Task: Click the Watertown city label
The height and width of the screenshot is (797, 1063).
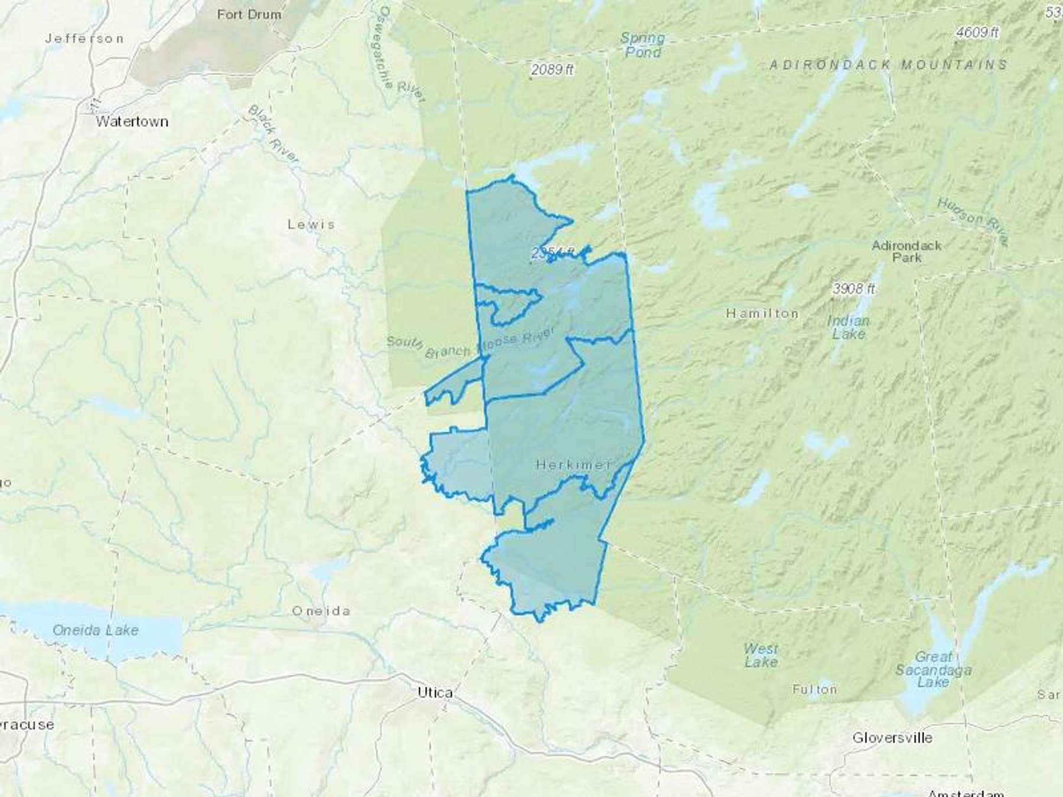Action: [x=132, y=122]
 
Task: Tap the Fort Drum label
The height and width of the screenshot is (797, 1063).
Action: [x=249, y=14]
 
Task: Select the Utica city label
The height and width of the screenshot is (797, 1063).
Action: [x=435, y=693]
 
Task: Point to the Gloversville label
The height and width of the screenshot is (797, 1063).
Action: [x=892, y=737]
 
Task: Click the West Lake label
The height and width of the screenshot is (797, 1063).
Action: [x=761, y=655]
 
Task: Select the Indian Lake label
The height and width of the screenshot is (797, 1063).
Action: [x=848, y=328]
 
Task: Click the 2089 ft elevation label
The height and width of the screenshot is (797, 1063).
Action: [x=552, y=70]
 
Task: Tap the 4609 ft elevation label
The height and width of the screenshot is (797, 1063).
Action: [x=977, y=32]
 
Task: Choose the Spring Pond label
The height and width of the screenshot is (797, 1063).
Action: [x=643, y=45]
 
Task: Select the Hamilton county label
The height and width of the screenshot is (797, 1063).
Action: [x=762, y=313]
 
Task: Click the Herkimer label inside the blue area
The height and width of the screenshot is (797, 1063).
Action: [x=573, y=465]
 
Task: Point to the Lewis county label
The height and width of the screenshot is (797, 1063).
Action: [x=311, y=224]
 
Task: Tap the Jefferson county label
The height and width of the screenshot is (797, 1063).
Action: [x=84, y=38]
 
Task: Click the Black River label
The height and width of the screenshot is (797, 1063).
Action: [x=273, y=134]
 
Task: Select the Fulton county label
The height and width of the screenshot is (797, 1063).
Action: [x=814, y=689]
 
